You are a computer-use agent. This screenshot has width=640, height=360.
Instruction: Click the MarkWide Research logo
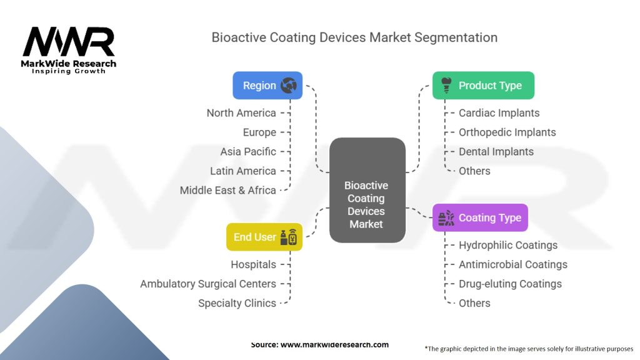coord(69,50)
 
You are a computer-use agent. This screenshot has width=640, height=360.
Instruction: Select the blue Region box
coord(267,86)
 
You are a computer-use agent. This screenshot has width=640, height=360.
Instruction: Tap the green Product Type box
coord(483,86)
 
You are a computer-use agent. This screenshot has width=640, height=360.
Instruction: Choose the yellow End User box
coord(264,237)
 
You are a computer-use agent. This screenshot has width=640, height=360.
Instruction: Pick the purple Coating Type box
coord(480,218)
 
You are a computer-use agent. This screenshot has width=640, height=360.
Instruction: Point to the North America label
coord(241,113)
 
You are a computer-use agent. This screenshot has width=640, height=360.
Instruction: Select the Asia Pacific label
coord(247,152)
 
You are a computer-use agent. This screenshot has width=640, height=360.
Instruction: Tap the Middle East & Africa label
coord(227,191)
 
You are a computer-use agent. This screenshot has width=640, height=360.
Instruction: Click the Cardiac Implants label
coord(499,113)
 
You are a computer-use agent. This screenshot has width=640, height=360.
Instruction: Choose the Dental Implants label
coord(496,152)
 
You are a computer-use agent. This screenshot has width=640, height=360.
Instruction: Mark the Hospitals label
coord(253,265)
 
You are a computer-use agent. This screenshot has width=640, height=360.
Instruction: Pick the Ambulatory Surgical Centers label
coord(208,284)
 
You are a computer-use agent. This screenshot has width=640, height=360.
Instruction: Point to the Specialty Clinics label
coord(237,304)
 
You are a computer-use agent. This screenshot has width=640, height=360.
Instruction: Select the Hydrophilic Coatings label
coord(508,246)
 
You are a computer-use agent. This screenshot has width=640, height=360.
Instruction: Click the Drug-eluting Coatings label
coord(510,284)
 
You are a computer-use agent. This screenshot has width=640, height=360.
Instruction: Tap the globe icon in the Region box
coord(288,86)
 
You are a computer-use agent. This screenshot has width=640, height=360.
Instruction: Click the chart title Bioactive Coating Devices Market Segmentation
coord(354,37)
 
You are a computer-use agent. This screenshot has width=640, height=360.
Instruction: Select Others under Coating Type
coord(474,304)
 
